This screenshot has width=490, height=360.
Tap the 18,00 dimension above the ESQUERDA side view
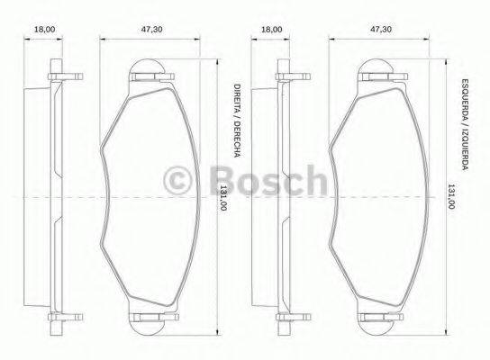[271, 29]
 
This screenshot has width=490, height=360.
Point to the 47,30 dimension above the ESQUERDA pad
[378, 29]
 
